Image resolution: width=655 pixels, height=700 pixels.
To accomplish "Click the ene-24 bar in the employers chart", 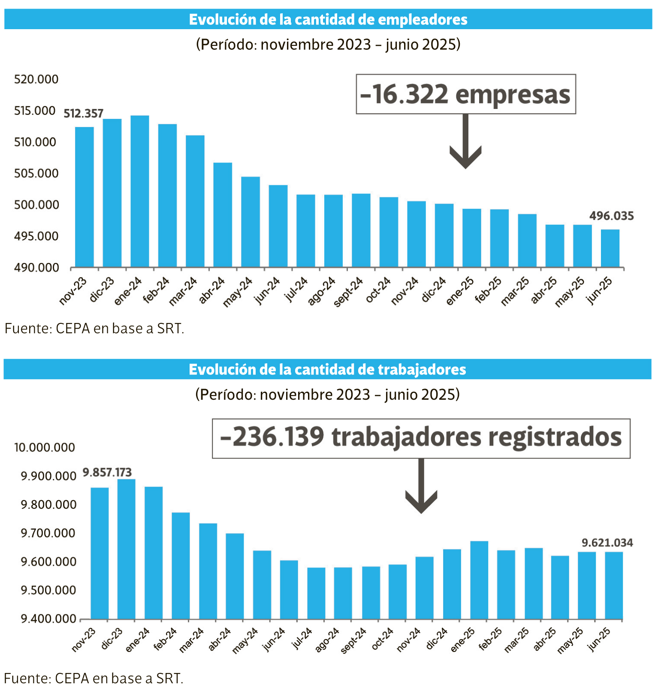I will click(x=140, y=191).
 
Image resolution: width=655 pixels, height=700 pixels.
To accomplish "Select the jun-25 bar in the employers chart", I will click(x=610, y=248).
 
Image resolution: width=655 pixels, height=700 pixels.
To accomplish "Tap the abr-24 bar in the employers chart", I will click(x=223, y=215).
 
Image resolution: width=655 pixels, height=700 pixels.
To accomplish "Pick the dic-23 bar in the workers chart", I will click(x=126, y=549).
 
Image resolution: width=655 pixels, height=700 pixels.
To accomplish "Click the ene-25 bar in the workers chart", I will click(x=479, y=580).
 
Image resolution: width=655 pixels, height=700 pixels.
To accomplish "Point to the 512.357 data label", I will click(x=84, y=114).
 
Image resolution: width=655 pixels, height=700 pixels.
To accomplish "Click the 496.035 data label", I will click(x=611, y=216).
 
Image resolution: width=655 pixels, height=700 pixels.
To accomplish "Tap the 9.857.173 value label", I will click(x=107, y=473).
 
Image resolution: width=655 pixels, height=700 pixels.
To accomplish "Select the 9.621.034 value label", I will click(x=607, y=543).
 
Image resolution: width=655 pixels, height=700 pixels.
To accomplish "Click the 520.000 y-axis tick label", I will click(x=36, y=79).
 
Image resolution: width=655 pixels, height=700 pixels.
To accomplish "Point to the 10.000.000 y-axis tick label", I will click(x=45, y=447).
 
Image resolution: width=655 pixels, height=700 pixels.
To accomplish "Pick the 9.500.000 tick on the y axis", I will click(x=48, y=590).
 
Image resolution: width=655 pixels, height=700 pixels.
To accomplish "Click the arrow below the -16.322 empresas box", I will click(x=465, y=144).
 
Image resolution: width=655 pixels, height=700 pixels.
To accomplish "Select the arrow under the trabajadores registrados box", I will click(x=421, y=487).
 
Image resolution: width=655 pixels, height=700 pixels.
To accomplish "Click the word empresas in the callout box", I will click(x=513, y=94).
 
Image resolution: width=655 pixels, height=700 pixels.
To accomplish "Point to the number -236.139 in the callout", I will click(x=272, y=437).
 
